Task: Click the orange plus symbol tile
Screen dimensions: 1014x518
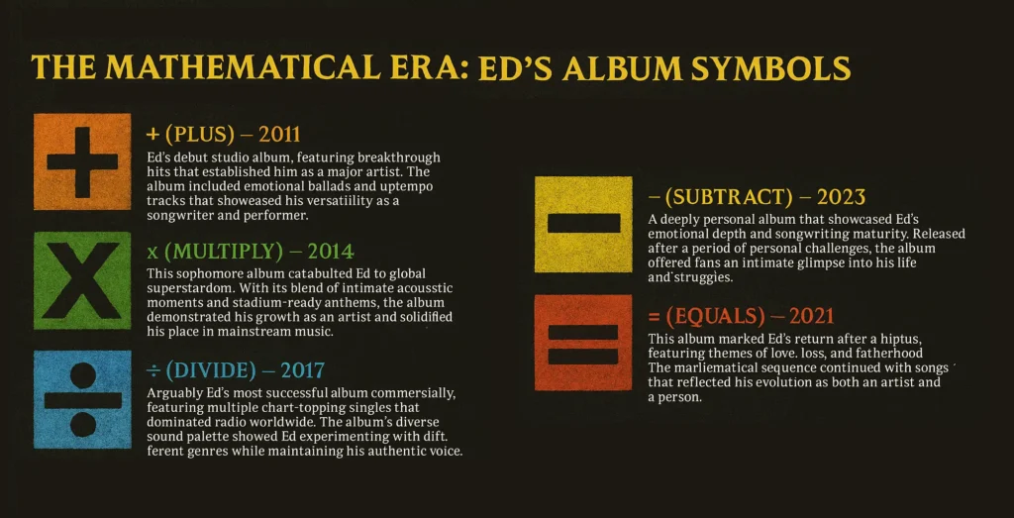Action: [82, 161]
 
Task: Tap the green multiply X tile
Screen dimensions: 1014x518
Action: [82, 280]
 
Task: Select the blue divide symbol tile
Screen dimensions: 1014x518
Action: [82, 400]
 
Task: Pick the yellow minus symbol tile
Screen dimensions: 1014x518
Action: [583, 223]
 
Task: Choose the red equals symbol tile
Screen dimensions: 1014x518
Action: [583, 343]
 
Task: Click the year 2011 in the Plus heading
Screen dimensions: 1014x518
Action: [279, 135]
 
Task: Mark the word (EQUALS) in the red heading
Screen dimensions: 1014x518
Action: [712, 316]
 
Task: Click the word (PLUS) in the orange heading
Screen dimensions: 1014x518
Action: [199, 135]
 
